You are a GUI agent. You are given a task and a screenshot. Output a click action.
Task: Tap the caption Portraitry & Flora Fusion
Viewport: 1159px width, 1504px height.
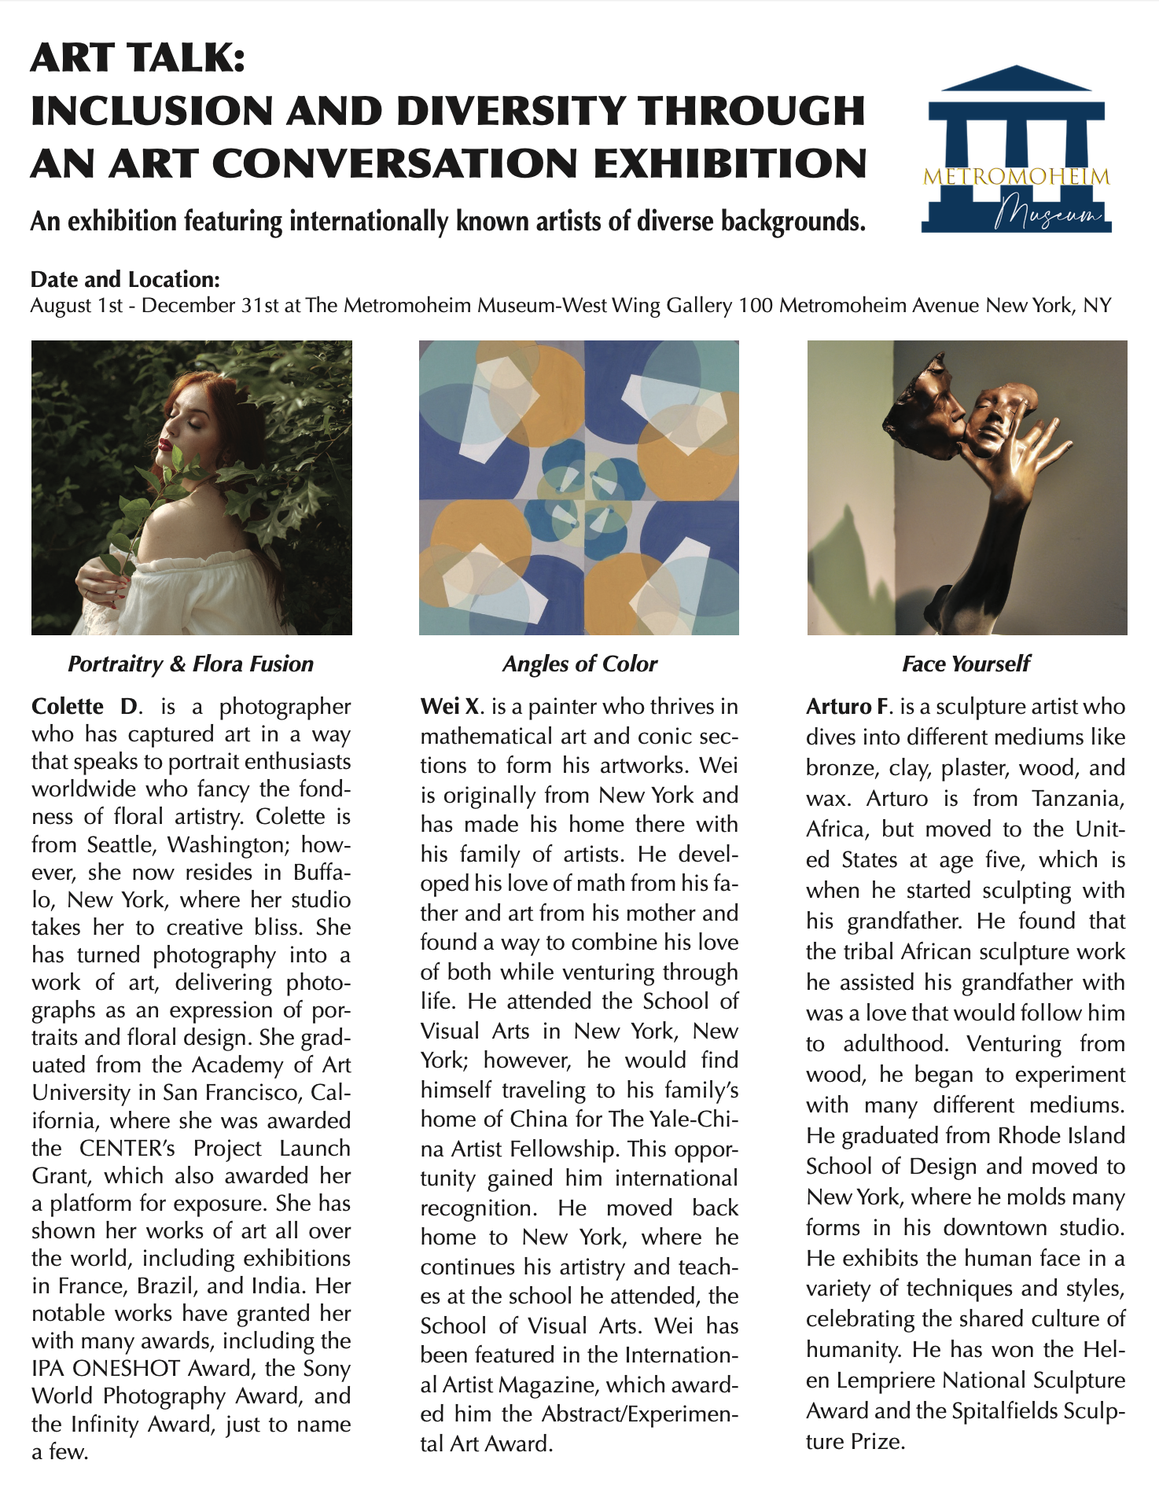pos(190,664)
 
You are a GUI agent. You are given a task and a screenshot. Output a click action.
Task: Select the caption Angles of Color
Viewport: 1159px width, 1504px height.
pos(579,664)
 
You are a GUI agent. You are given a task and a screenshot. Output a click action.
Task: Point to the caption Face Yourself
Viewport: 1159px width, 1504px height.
pos(966,664)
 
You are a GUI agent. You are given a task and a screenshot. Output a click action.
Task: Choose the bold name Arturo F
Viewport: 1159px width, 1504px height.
pos(850,706)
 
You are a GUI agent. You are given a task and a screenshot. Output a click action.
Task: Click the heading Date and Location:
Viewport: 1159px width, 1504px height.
pos(124,279)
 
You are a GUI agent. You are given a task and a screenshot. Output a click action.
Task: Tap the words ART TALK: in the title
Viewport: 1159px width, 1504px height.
pos(138,59)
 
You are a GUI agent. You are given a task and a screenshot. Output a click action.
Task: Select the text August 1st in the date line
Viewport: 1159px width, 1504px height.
pos(76,305)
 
